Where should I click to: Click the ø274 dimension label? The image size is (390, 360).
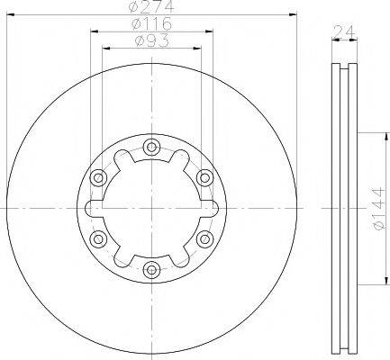pos(150,8)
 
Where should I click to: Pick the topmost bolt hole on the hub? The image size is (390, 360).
pos(151,148)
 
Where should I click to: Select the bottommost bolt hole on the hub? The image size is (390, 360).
pos(151,267)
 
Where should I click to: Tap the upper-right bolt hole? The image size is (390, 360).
pos(204,177)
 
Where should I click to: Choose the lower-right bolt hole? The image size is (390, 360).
pos(204,238)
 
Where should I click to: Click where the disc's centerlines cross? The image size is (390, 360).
pos(151,207)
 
